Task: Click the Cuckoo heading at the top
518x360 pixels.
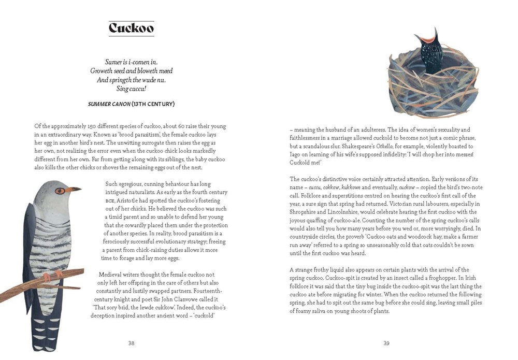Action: [x=131, y=28]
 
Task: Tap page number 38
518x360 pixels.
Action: [x=131, y=343]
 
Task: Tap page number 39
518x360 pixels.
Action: [x=386, y=343]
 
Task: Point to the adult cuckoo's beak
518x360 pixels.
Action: [x=74, y=190]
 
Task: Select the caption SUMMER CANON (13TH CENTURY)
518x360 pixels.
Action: [x=131, y=104]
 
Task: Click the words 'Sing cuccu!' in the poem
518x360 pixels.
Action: [x=131, y=89]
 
